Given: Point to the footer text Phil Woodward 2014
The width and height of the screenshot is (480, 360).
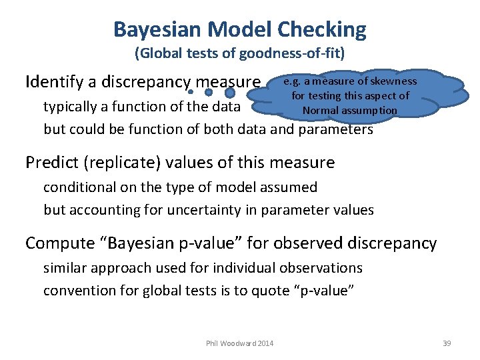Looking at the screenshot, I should click(x=240, y=343).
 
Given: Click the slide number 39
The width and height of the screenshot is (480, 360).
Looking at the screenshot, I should click(x=447, y=343).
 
